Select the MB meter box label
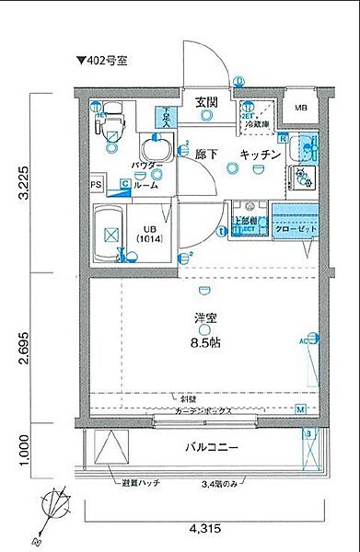click(301, 109)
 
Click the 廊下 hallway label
click(207, 155)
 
